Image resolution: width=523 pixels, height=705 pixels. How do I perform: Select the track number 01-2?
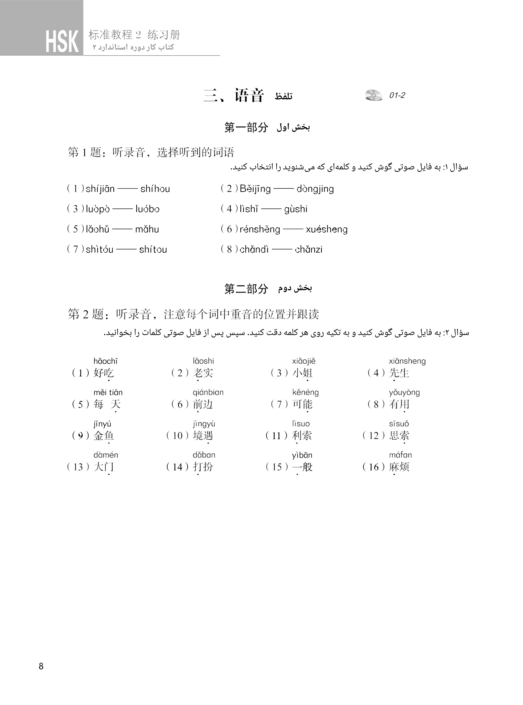pyautogui.click(x=397, y=95)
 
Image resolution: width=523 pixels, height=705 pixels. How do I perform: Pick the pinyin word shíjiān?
pyautogui.click(x=100, y=189)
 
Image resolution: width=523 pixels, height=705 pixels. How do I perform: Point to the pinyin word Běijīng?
pyautogui.click(x=255, y=189)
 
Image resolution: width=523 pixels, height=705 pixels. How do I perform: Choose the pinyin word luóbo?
pyautogui.click(x=147, y=209)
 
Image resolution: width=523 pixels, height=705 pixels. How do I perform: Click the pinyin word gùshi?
pyautogui.click(x=296, y=209)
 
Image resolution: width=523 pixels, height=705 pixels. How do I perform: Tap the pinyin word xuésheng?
pyautogui.click(x=326, y=229)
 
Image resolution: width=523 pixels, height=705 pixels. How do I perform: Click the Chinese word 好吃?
pyautogui.click(x=104, y=373)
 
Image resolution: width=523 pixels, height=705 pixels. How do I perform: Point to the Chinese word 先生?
pyautogui.click(x=399, y=373)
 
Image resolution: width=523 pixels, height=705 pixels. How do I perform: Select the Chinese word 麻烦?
pyautogui.click(x=399, y=467)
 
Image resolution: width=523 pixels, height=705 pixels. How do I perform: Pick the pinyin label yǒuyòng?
pyautogui.click(x=404, y=392)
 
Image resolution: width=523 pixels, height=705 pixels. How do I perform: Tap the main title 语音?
pyautogui.click(x=249, y=95)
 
